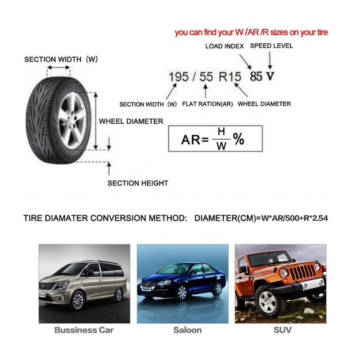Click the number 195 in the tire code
tap(179, 76)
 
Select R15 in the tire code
tap(230, 76)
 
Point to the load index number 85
tap(256, 76)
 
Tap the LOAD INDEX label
tap(225, 46)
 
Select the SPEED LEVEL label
tap(271, 45)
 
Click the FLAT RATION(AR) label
tap(207, 104)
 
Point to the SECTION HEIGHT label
tap(138, 183)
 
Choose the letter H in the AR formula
tap(220, 132)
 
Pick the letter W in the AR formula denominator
tap(220, 146)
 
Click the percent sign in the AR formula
tap(238, 139)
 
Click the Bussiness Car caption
tap(84, 330)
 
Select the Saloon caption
tap(188, 330)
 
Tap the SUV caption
tap(282, 330)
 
